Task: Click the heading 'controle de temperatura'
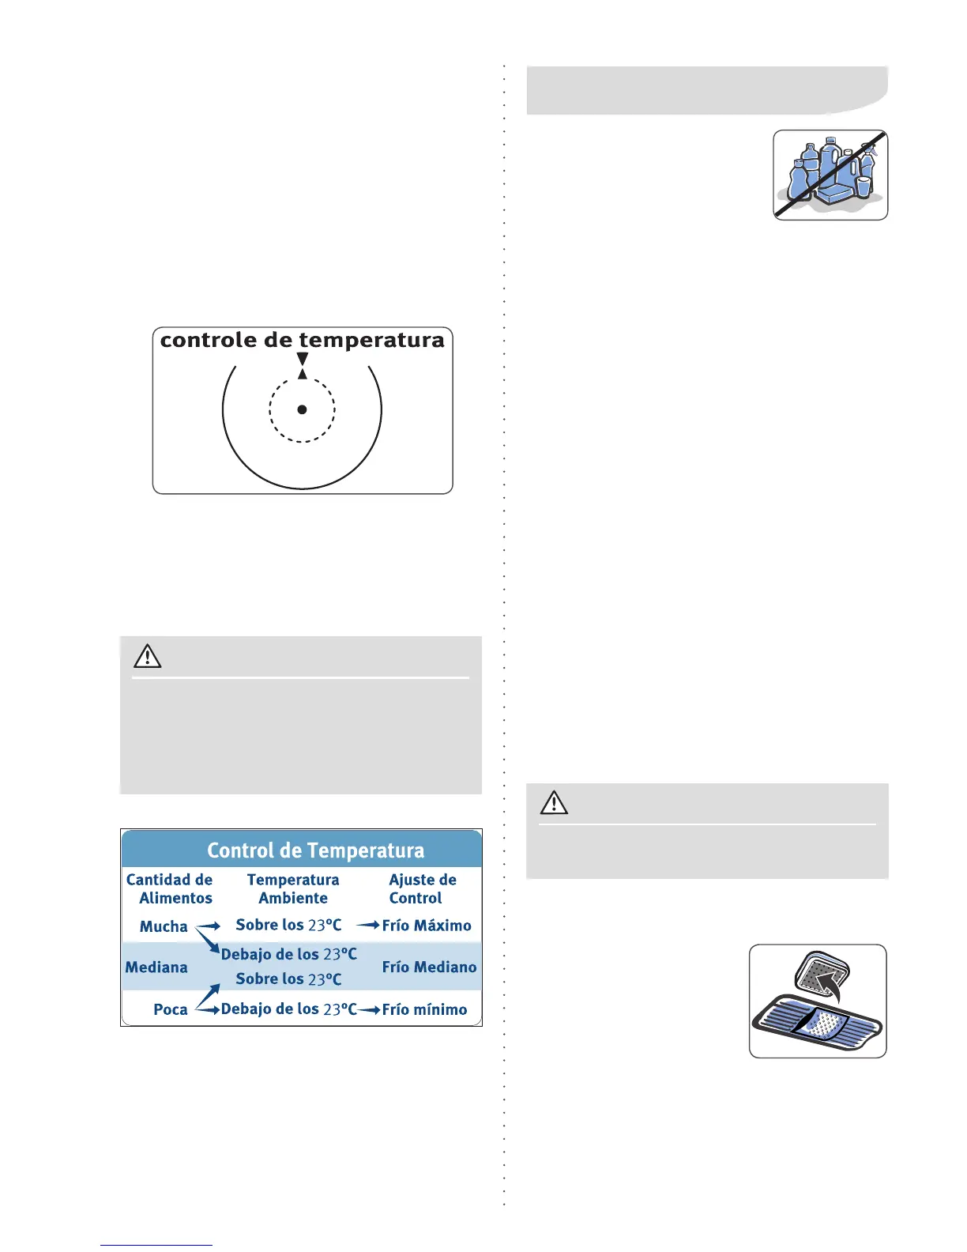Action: pos(302,341)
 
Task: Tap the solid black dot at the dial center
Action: pos(302,409)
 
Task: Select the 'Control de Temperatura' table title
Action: pos(315,850)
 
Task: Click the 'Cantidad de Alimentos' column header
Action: pos(169,888)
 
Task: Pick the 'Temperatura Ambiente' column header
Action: pos(293,888)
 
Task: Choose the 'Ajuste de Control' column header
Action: pos(422,888)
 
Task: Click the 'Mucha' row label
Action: pos(164,926)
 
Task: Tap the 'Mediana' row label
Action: pos(156,967)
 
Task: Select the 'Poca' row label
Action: pos(171,1009)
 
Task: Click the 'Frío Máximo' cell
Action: pos(427,926)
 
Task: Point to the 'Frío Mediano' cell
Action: pos(429,967)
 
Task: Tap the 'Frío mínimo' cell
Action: pos(424,1009)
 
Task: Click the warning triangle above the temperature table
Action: pos(148,657)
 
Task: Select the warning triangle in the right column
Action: pos(554,803)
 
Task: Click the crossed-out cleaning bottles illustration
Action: pos(830,175)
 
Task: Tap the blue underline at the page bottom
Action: pos(156,1245)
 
